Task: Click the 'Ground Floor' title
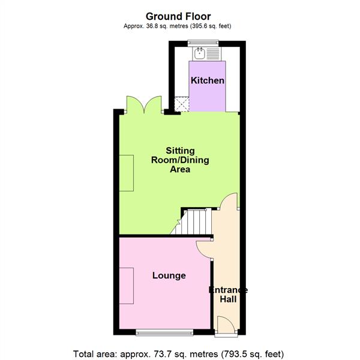(178, 16)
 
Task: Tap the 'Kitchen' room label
(208, 80)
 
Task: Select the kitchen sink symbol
(199, 53)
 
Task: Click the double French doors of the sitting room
(143, 105)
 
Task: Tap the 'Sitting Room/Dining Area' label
(178, 159)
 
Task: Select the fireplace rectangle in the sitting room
(127, 172)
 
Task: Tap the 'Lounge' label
(169, 276)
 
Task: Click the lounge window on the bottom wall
(164, 331)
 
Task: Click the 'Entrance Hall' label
(228, 295)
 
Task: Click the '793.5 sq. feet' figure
(251, 353)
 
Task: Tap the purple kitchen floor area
(208, 93)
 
